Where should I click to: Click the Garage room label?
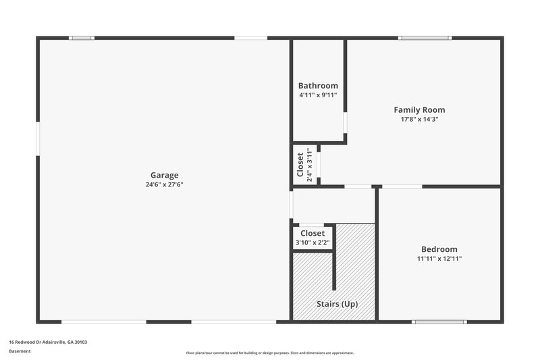coord(165,175)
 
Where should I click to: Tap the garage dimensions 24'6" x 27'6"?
coord(165,184)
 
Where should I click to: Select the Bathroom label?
coord(318,86)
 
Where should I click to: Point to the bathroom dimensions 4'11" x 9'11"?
coord(318,95)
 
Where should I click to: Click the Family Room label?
coord(419,109)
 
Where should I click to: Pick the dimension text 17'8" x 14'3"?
coord(419,119)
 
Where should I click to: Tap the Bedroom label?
coord(439,249)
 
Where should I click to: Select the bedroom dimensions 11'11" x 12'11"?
coord(439,258)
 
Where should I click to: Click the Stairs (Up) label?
coord(337,304)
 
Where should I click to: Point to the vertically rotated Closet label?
coord(300,164)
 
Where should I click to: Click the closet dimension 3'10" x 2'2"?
coord(313,242)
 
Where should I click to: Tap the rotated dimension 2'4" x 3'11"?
coord(310,164)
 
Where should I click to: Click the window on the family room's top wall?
coord(425,38)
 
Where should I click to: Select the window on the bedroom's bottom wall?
coord(439,322)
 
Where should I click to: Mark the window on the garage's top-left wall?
coord(82,38)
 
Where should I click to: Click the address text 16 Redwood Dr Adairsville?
coord(48,342)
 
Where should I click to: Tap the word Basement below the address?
coord(20,351)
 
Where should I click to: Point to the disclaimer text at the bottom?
coord(269,353)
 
